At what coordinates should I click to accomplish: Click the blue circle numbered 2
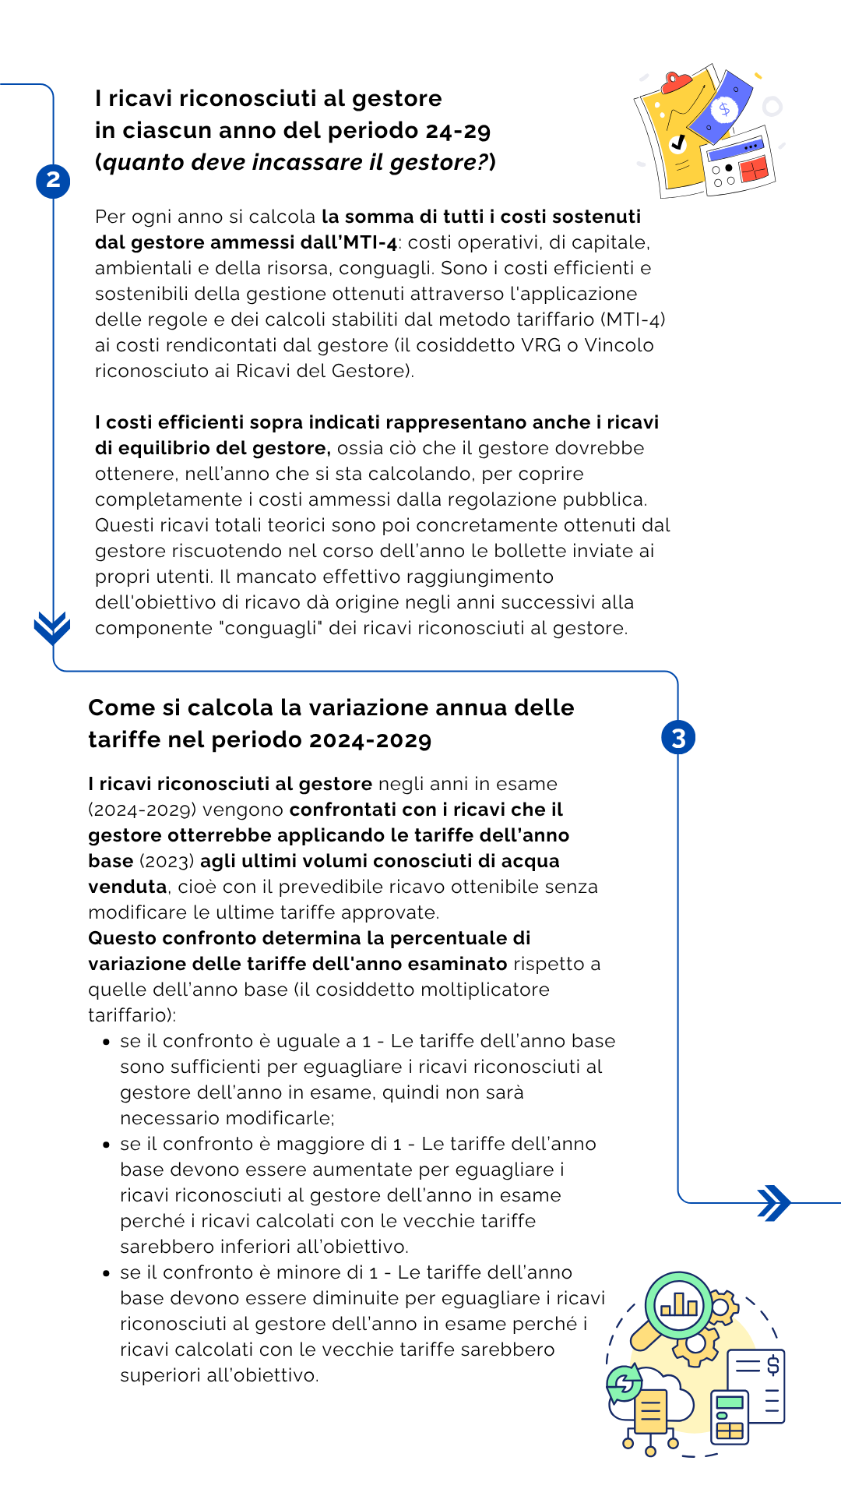pos(53,181)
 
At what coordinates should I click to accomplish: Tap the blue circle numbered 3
pos(678,738)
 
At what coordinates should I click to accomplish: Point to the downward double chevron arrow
pos(52,627)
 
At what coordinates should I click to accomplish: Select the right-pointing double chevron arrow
pos(774,1203)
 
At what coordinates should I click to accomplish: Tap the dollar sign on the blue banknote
pos(725,109)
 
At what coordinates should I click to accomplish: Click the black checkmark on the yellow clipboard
pos(678,143)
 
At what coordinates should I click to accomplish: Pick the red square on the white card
pos(754,168)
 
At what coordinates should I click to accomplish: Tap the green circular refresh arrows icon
pos(625,1384)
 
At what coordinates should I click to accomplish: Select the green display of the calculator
pos(730,1402)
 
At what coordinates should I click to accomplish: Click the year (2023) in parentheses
pos(167,861)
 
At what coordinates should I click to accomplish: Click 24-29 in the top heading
pos(459,131)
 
